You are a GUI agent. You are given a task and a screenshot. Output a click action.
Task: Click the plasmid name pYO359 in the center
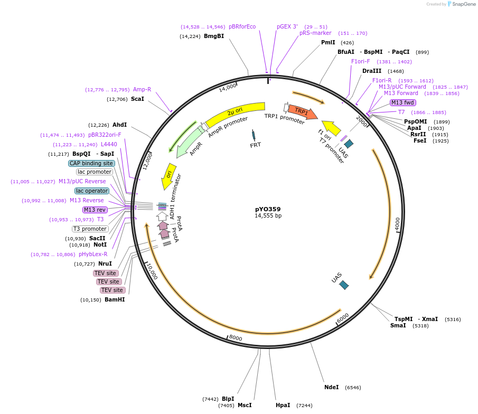pyautogui.click(x=268, y=209)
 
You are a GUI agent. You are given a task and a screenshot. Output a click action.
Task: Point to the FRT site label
pyautogui.click(x=256, y=145)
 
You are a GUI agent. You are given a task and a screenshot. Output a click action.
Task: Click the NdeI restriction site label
pyautogui.click(x=332, y=387)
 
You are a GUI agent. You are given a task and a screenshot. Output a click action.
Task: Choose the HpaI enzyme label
pyautogui.click(x=283, y=405)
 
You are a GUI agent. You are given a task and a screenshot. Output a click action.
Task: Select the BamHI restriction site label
pyautogui.click(x=115, y=299)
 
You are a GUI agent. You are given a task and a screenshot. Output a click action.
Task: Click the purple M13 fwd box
pyautogui.click(x=403, y=102)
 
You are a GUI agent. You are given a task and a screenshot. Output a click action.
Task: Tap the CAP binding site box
pyautogui.click(x=91, y=163)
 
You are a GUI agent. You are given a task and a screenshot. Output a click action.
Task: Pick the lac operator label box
pyautogui.click(x=92, y=191)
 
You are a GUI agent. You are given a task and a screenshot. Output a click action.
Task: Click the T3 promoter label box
pyautogui.click(x=90, y=229)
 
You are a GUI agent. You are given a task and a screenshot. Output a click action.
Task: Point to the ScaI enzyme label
pyautogui.click(x=137, y=99)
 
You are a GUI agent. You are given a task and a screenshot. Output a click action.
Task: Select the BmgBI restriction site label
pyautogui.click(x=214, y=36)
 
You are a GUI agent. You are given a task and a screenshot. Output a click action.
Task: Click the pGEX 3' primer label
pyautogui.click(x=287, y=26)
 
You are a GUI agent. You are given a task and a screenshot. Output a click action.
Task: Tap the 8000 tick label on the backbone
pyautogui.click(x=236, y=338)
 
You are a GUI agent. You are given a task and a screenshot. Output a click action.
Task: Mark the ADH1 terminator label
pyautogui.click(x=172, y=204)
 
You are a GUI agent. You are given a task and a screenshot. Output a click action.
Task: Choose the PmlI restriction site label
pyautogui.click(x=328, y=42)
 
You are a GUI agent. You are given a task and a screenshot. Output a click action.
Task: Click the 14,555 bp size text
pyautogui.click(x=268, y=216)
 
